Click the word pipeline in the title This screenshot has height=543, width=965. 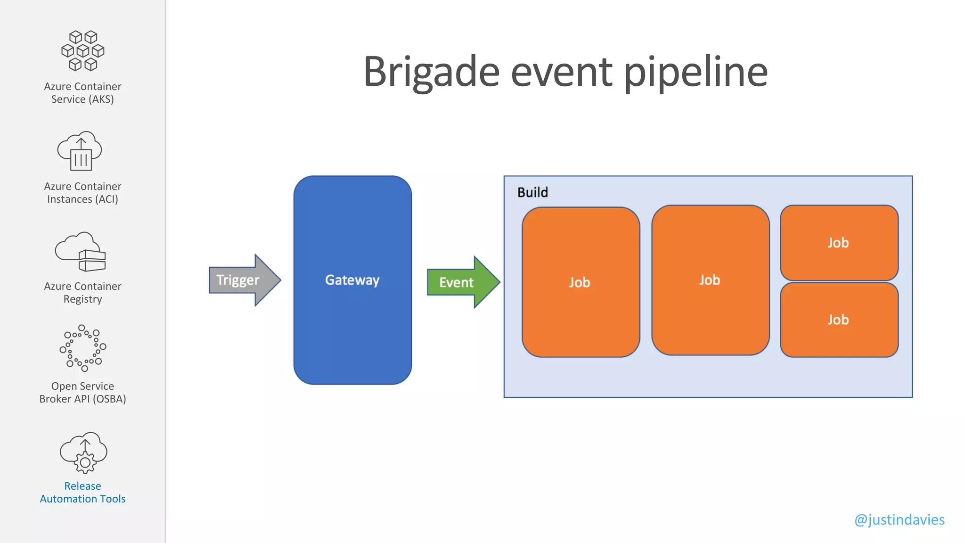pyautogui.click(x=696, y=72)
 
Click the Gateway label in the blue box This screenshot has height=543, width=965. pyautogui.click(x=352, y=280)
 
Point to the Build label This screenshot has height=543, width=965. pyautogui.click(x=532, y=192)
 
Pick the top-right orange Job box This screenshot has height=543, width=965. pyautogui.click(x=839, y=243)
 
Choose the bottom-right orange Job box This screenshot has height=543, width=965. pyautogui.click(x=839, y=320)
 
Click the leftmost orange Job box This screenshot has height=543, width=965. pyautogui.click(x=580, y=282)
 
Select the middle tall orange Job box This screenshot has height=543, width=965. pyautogui.click(x=710, y=280)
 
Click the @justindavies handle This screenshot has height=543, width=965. pyautogui.click(x=899, y=519)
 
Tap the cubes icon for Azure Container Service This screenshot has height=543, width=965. pyautogui.click(x=83, y=51)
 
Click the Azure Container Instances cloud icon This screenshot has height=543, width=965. pyautogui.click(x=80, y=151)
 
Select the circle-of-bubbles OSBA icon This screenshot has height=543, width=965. pyautogui.click(x=83, y=348)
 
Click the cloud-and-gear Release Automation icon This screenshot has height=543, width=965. pyautogui.click(x=84, y=452)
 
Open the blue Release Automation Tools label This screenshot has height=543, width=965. pyautogui.click(x=83, y=493)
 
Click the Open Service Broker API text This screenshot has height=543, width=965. pyautogui.click(x=83, y=393)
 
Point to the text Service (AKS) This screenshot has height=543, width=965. pyautogui.click(x=83, y=99)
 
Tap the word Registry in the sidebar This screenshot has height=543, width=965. pyautogui.click(x=83, y=299)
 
